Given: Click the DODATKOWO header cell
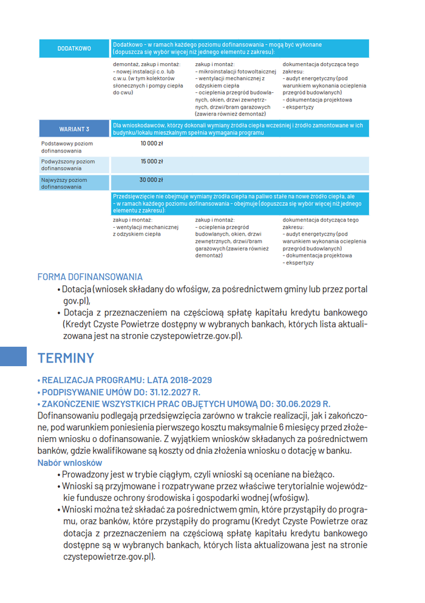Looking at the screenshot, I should point(74,49).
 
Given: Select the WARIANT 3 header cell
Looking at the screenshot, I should point(74,129).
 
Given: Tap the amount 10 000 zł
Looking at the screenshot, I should point(151,143).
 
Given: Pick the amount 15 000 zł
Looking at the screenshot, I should point(151,162).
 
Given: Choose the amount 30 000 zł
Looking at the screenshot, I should point(151,180).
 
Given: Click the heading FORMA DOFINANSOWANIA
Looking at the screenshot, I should point(90,277).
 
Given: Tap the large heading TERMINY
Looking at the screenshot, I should point(66,358).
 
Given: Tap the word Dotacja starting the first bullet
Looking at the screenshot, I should point(76,290).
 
